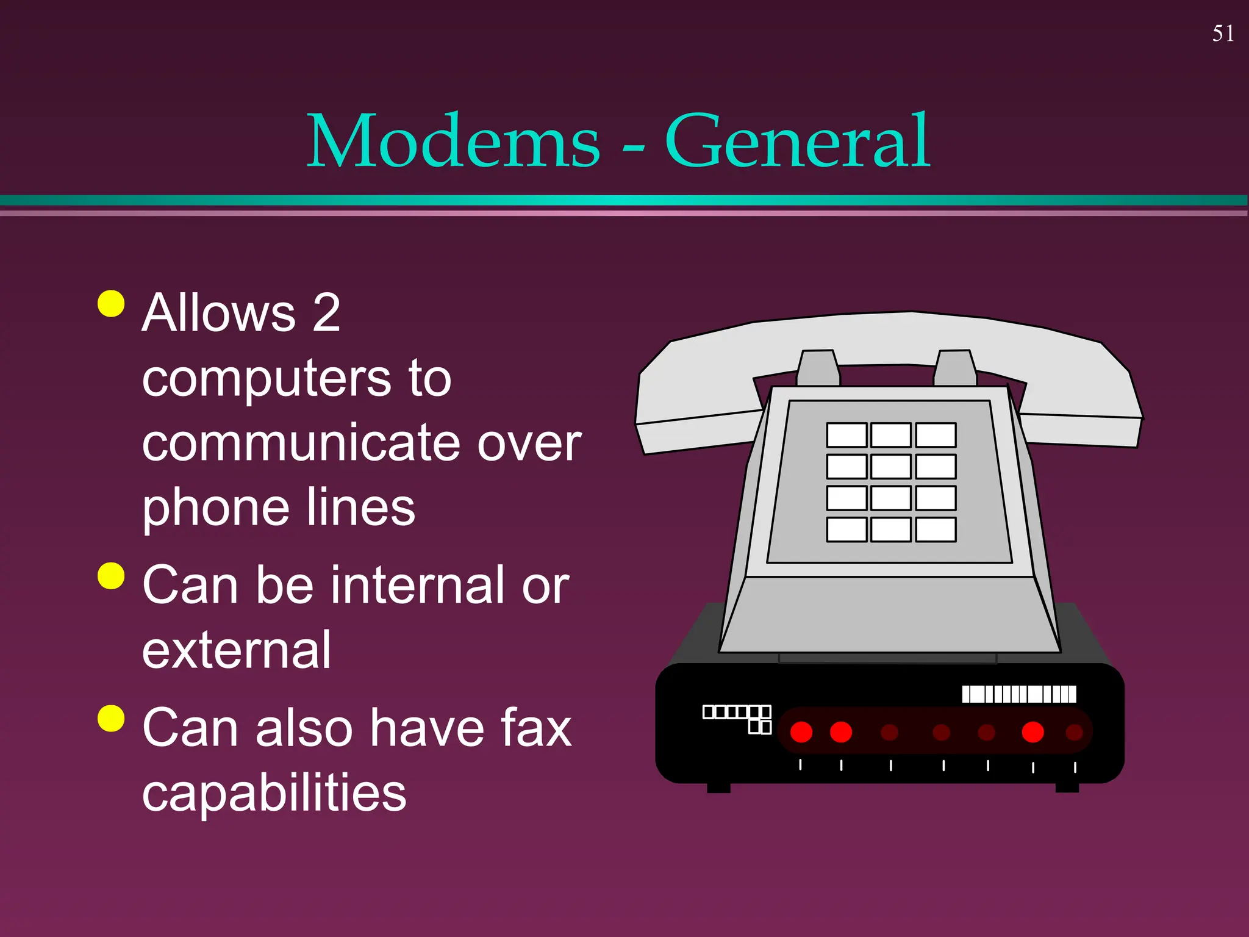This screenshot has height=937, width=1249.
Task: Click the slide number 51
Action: click(x=1223, y=34)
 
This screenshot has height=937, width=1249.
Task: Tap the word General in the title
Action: click(x=797, y=141)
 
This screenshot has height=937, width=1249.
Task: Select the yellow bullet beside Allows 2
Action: click(x=111, y=303)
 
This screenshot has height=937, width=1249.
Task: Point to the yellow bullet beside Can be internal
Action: click(x=111, y=575)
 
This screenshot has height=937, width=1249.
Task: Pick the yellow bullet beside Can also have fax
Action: click(x=111, y=717)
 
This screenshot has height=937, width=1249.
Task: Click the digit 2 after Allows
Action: click(x=326, y=313)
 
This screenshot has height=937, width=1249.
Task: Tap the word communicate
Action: click(x=304, y=443)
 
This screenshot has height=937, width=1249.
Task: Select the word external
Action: click(x=237, y=650)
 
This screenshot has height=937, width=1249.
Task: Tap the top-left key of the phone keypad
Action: click(x=846, y=435)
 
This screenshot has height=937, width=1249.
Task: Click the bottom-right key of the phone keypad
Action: click(x=936, y=530)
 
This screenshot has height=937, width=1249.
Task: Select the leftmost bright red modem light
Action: click(x=801, y=732)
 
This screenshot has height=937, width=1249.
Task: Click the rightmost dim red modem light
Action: click(x=1074, y=732)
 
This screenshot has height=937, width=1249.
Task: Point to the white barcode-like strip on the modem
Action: click(x=1018, y=694)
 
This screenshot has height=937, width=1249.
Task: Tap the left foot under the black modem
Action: click(x=718, y=788)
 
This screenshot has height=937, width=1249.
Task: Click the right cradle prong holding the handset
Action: click(x=955, y=367)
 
